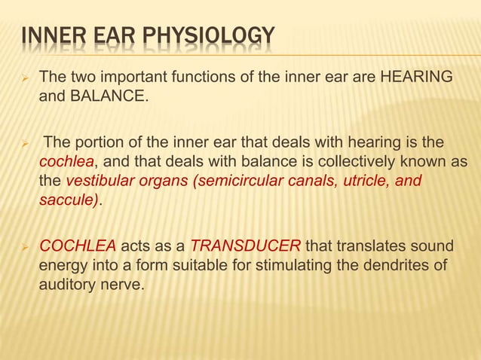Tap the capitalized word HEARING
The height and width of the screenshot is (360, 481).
[x=416, y=77]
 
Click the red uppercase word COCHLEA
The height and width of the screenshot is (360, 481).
[x=78, y=246]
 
